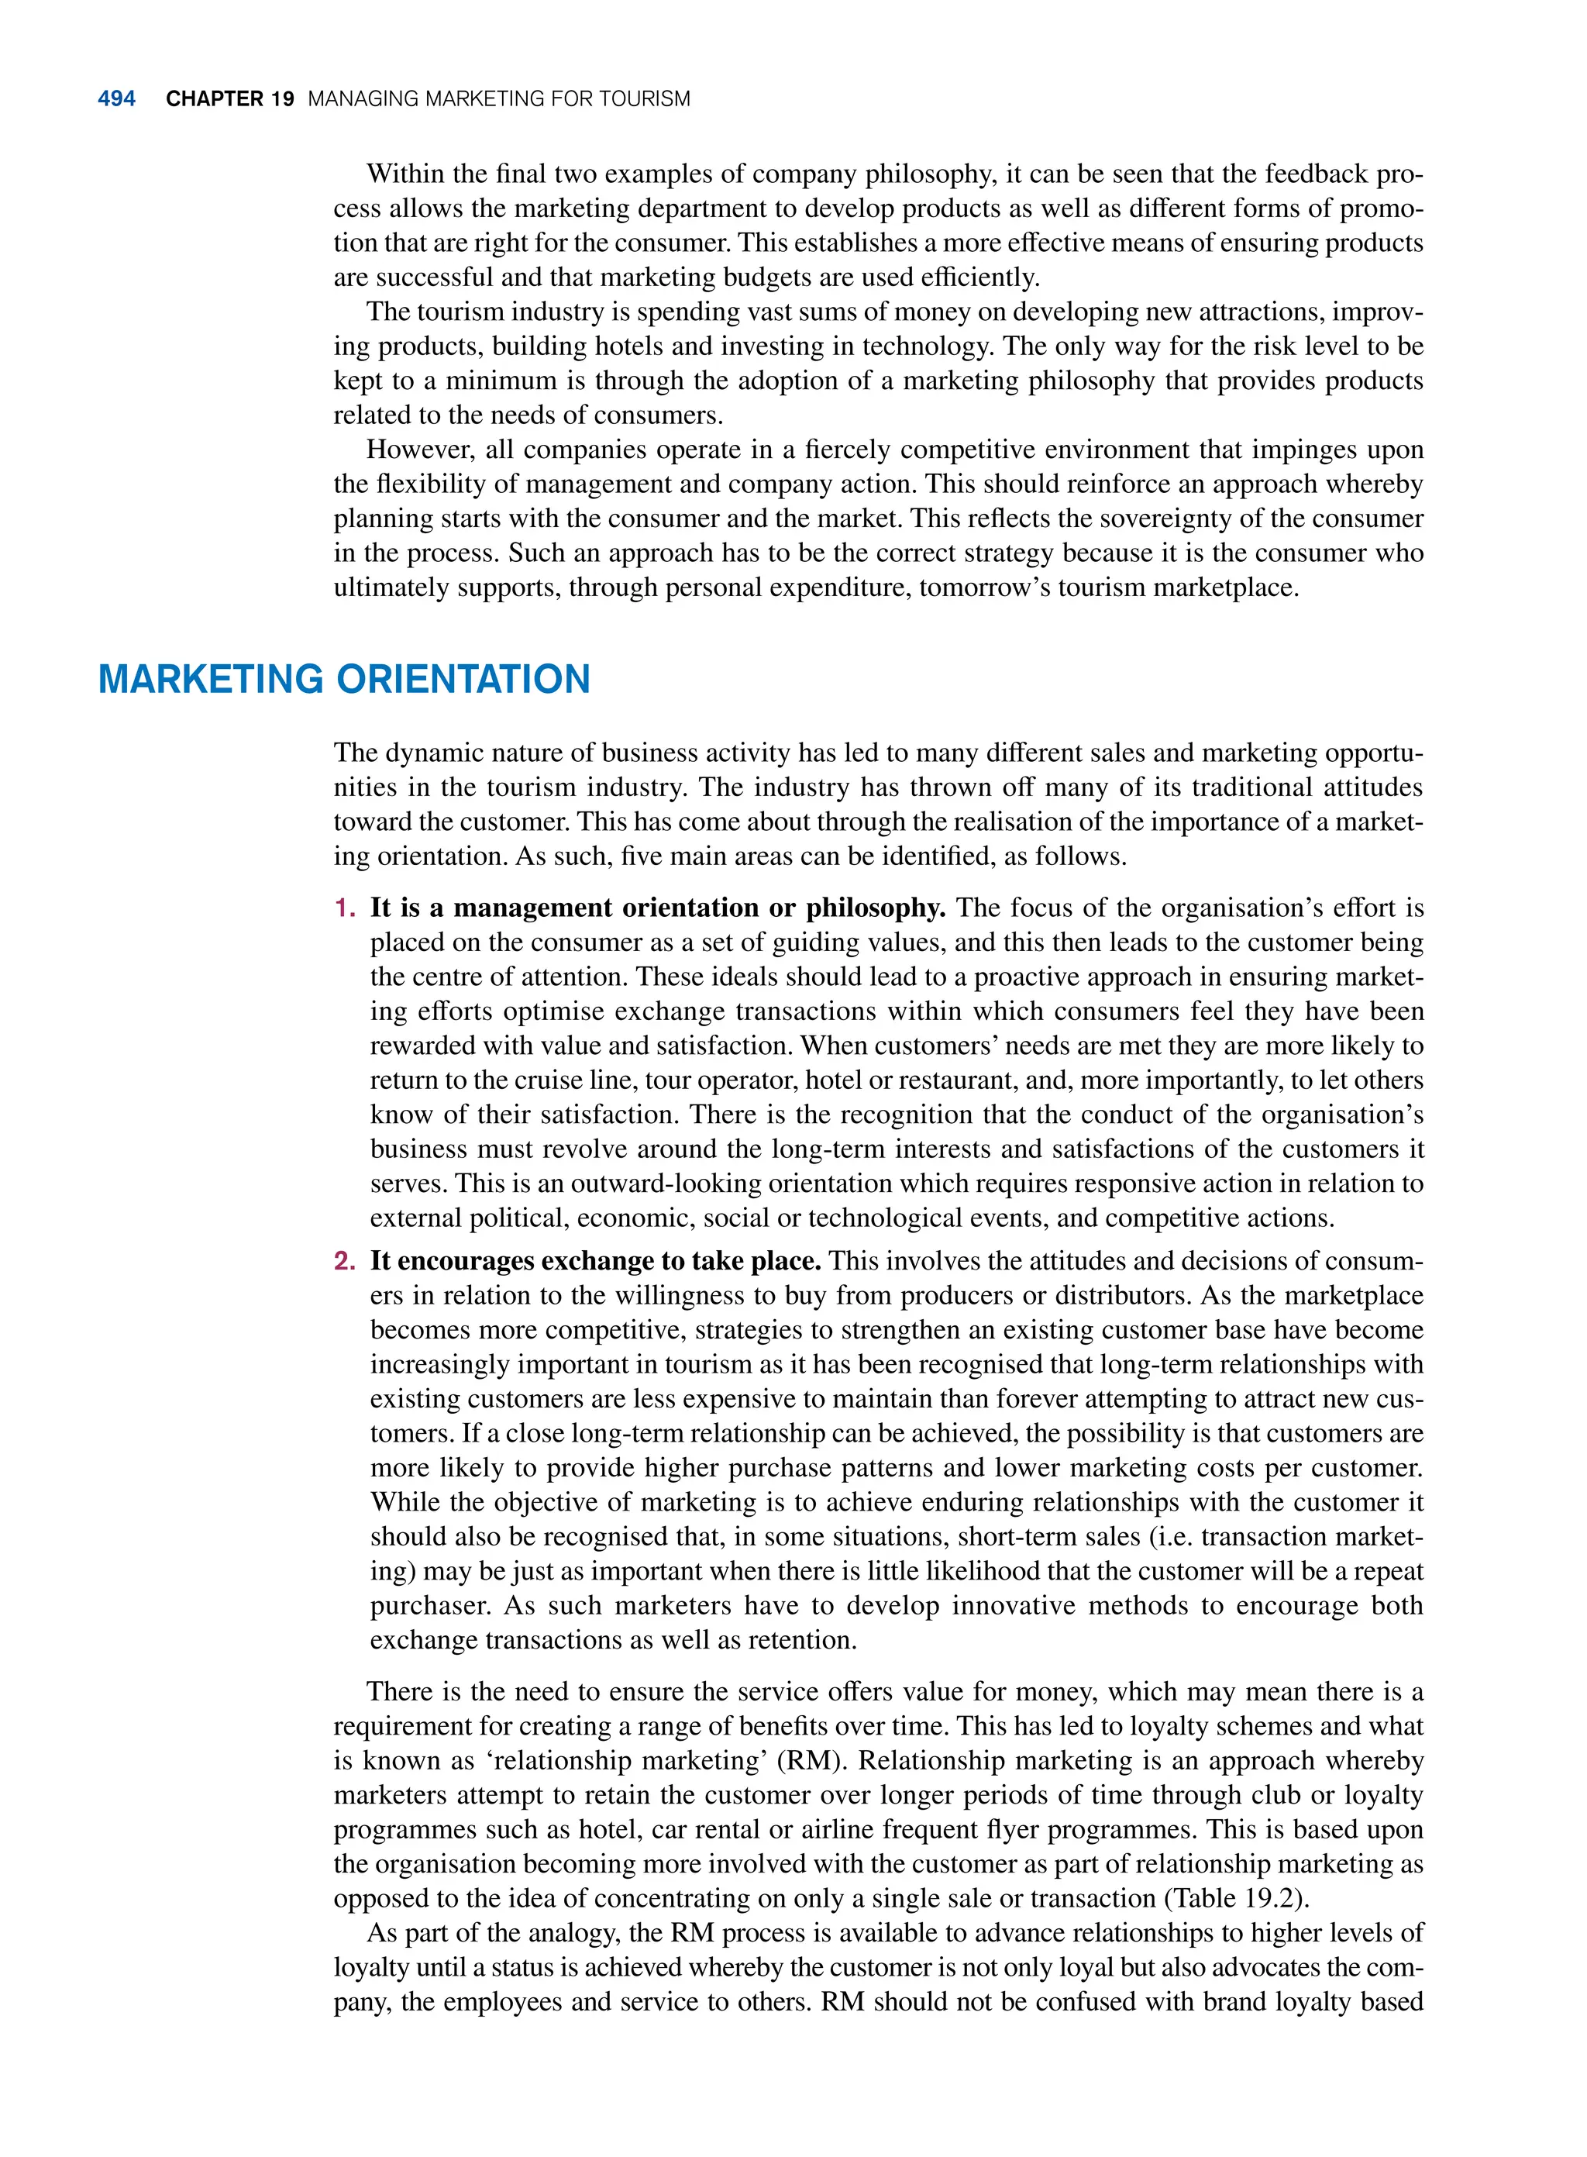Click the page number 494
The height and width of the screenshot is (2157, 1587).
(116, 99)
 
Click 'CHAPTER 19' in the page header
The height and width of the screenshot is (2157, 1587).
(229, 99)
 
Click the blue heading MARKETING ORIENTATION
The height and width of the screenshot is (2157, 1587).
(344, 679)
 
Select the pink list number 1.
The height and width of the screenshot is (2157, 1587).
(344, 908)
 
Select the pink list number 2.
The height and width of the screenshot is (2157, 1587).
(344, 1260)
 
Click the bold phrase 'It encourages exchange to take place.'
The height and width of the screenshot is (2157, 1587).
(596, 1260)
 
